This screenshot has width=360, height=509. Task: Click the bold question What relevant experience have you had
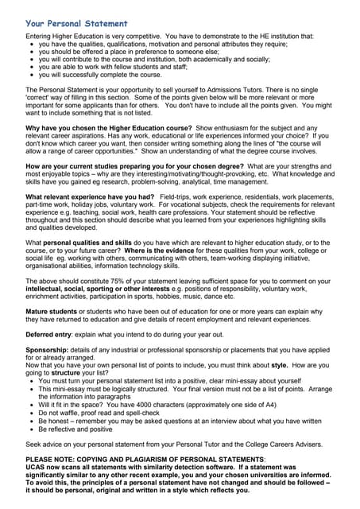[x=90, y=195]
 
